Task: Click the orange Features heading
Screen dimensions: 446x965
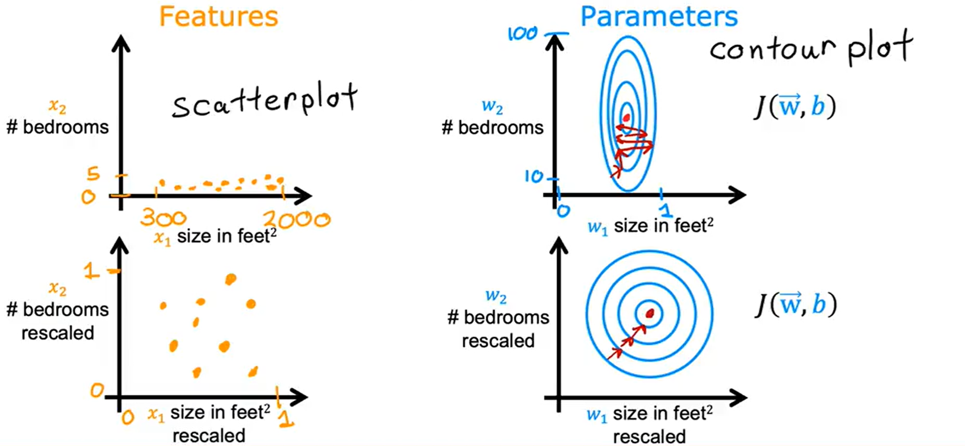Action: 218,16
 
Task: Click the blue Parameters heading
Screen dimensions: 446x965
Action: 659,16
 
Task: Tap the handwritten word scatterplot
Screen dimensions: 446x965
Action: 264,101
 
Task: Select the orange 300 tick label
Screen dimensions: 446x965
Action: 163,218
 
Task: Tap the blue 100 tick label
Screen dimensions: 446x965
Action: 522,34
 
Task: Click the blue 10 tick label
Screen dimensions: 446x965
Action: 533,177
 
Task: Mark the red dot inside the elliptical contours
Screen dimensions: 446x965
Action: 626,117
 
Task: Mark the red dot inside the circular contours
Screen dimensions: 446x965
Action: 650,313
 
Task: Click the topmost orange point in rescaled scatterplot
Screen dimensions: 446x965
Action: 231,279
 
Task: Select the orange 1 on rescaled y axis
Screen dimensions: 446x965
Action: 92,271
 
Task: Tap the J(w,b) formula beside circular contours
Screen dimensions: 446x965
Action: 795,305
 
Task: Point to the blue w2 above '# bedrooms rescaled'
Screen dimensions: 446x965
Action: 496,296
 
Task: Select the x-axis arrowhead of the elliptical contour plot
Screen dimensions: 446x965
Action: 737,195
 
